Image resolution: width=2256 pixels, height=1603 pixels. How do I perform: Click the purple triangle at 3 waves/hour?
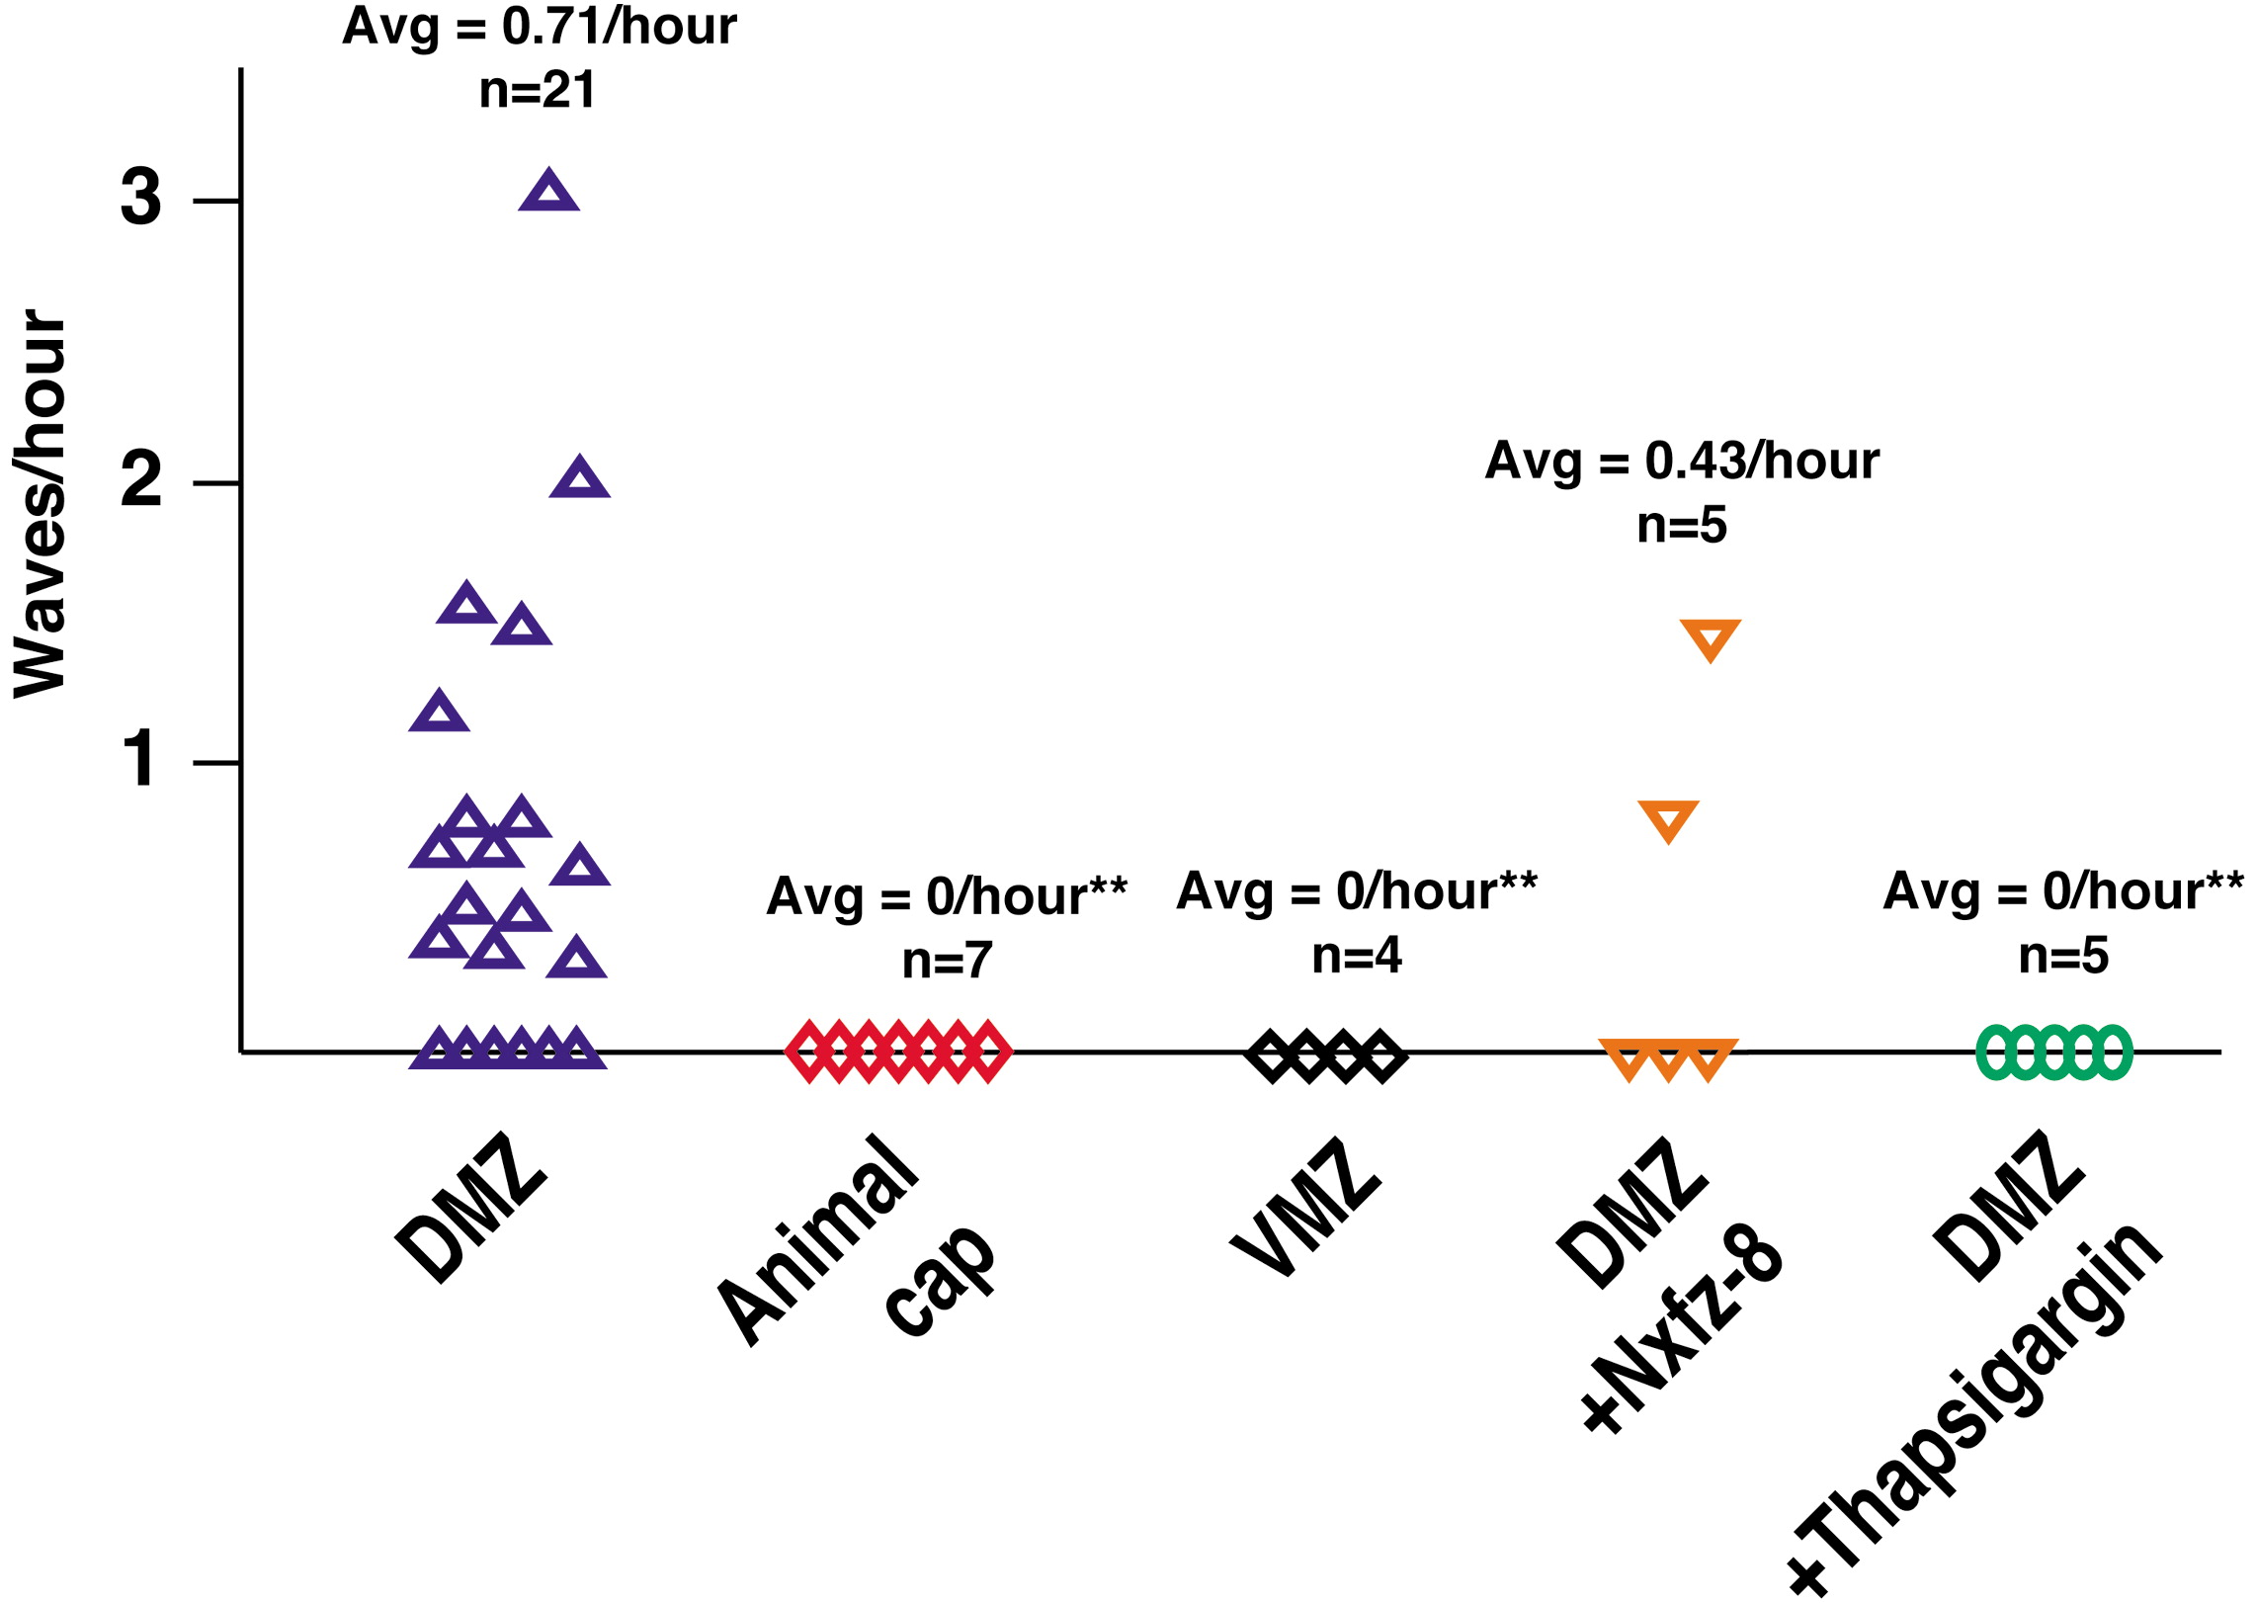coord(548,191)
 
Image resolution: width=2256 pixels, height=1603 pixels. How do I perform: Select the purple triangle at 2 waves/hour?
coord(579,478)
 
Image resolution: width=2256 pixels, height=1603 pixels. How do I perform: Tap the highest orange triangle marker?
coord(1710,637)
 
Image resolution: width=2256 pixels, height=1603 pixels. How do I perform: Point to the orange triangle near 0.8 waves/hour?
coord(1668,819)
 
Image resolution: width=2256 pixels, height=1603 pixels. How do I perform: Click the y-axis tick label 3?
coord(140,198)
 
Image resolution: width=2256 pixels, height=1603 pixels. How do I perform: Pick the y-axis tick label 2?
coord(140,480)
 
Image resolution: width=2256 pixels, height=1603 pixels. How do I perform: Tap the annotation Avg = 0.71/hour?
coord(539,27)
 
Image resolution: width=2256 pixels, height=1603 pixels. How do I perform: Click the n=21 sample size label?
coord(537,91)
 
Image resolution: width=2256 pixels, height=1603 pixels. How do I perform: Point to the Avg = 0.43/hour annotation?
coord(1681,462)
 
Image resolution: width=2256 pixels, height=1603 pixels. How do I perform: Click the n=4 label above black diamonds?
coord(1356,956)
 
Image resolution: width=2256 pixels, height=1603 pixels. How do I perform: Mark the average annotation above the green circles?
coord(2062,892)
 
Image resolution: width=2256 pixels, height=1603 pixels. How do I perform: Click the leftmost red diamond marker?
coord(810,1052)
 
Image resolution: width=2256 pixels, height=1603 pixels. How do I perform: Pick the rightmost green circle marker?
coord(2113,1053)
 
